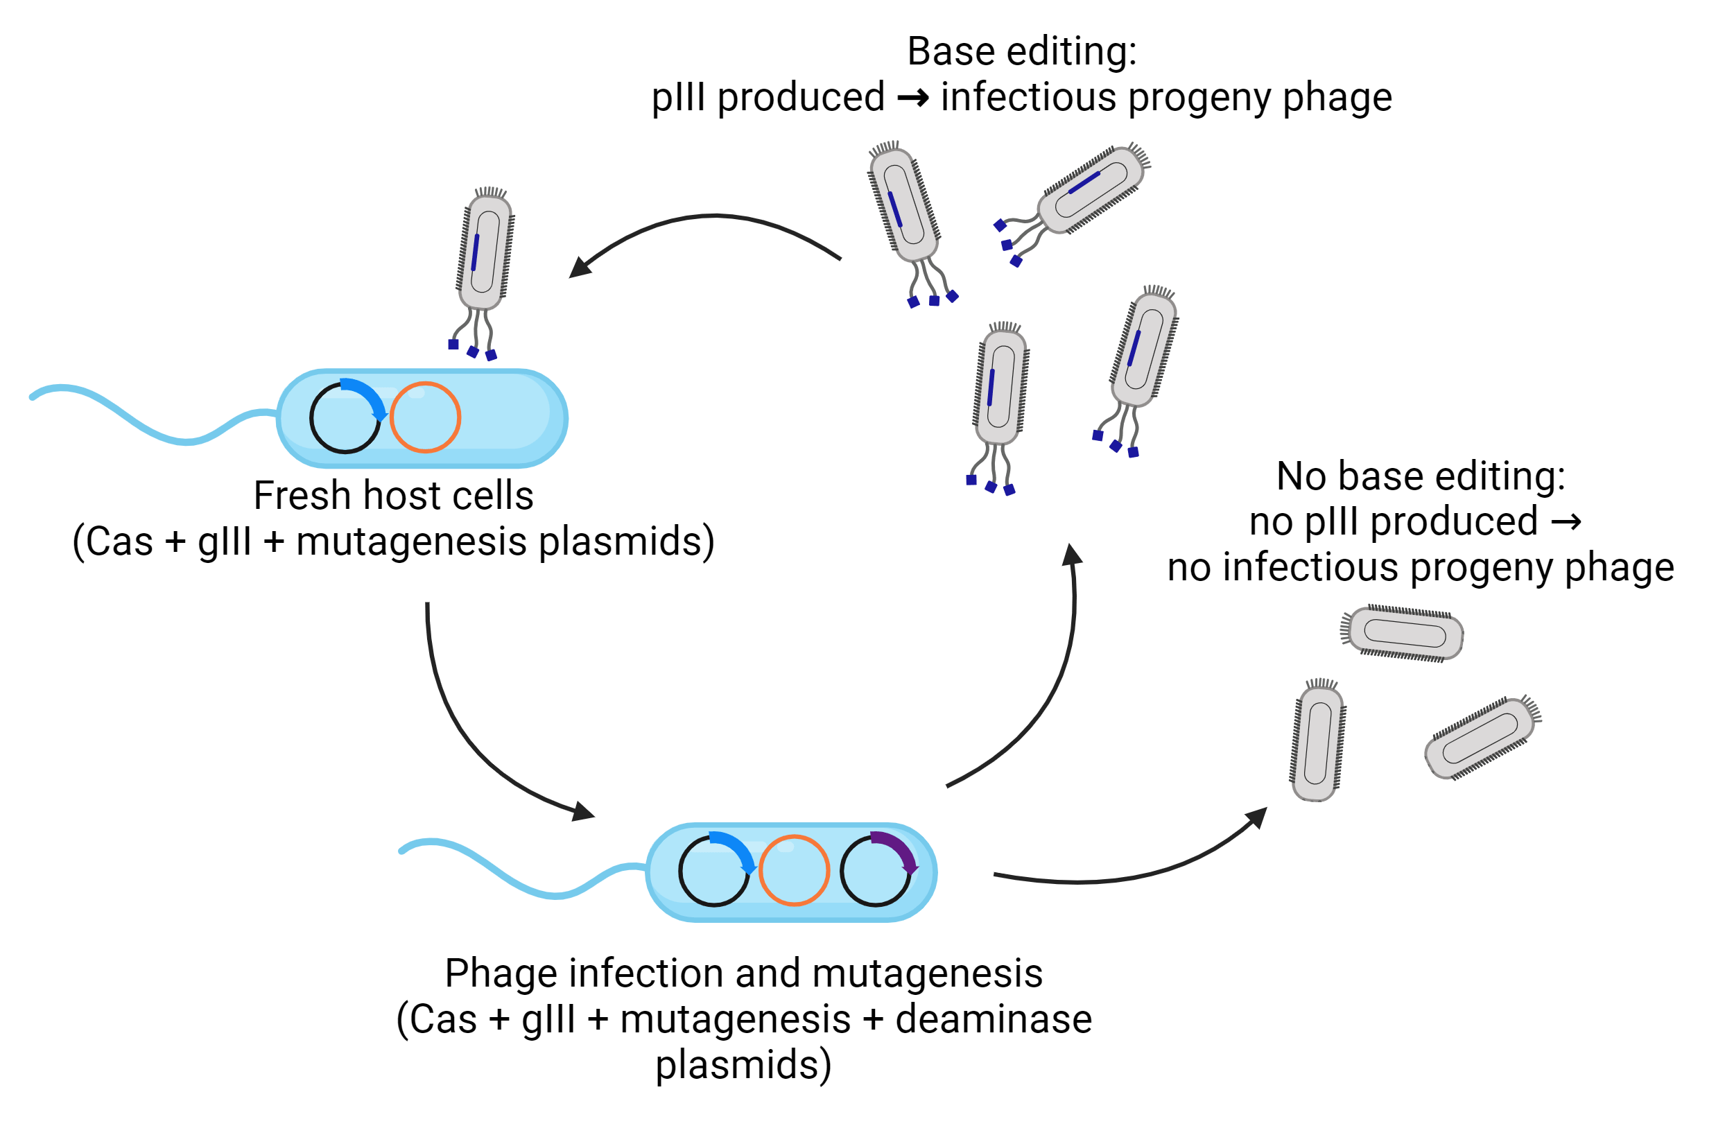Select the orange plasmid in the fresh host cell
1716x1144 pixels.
point(424,417)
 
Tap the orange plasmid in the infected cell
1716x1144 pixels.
point(794,870)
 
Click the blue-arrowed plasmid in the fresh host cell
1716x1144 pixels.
point(346,417)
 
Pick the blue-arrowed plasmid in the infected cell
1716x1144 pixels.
point(714,870)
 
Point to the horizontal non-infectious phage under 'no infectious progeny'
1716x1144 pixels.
point(1405,632)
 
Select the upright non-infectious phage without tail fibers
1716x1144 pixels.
point(1317,743)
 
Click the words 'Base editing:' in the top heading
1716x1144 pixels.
point(1021,53)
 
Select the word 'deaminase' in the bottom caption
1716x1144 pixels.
point(993,1019)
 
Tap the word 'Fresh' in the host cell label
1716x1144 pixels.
point(302,496)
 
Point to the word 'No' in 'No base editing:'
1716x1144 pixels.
point(1300,476)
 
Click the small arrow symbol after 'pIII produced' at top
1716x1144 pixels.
point(912,98)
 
